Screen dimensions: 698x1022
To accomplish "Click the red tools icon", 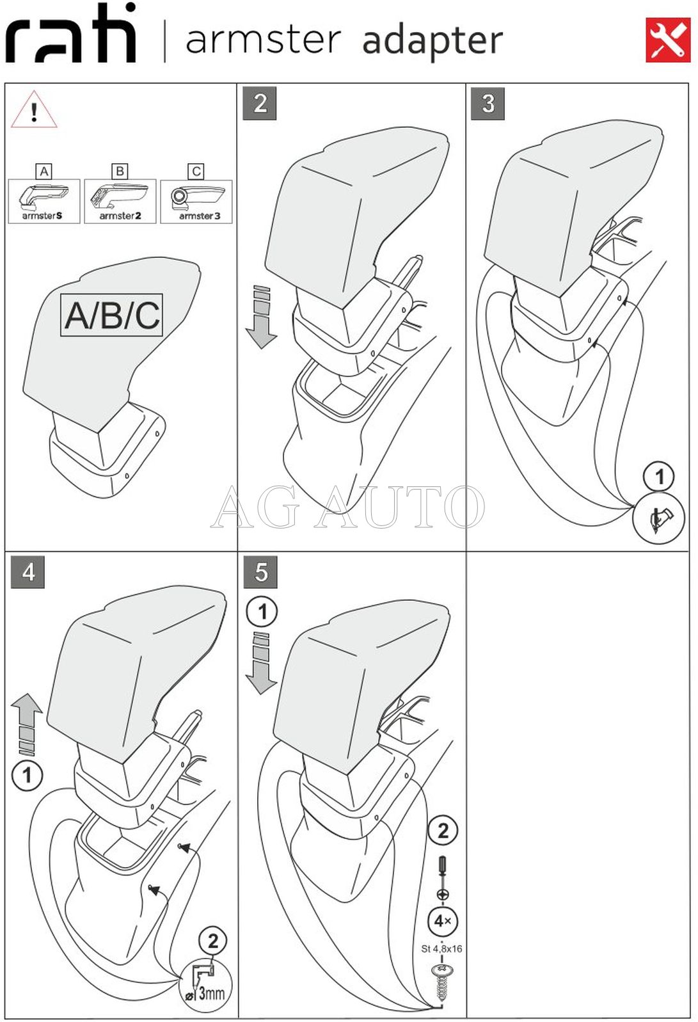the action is [667, 40].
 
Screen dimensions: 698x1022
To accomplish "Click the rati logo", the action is [71, 33].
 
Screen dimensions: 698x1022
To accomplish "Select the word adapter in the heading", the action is [432, 41].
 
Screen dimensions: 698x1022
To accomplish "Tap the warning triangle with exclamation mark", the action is [34, 109].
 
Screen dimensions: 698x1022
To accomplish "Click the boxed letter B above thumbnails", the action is [120, 171].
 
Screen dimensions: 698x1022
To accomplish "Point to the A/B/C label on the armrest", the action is [112, 315].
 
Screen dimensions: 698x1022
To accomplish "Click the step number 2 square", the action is [260, 104].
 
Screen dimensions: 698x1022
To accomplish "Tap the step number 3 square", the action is [488, 104].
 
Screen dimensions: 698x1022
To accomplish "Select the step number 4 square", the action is [28, 571].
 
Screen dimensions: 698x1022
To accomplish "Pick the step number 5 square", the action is [260, 571].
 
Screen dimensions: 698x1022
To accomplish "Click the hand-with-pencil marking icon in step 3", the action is [659, 518].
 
